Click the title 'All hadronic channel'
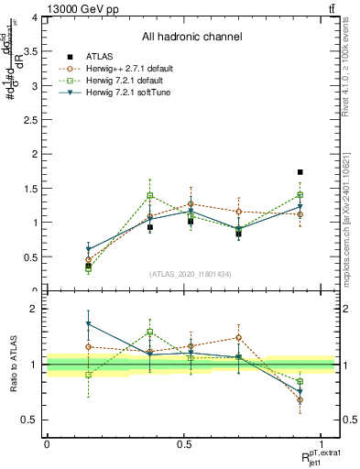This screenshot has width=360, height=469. (x=191, y=37)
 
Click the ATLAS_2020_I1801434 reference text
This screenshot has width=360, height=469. (x=191, y=274)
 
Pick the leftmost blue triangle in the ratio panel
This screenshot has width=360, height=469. (x=88, y=324)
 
